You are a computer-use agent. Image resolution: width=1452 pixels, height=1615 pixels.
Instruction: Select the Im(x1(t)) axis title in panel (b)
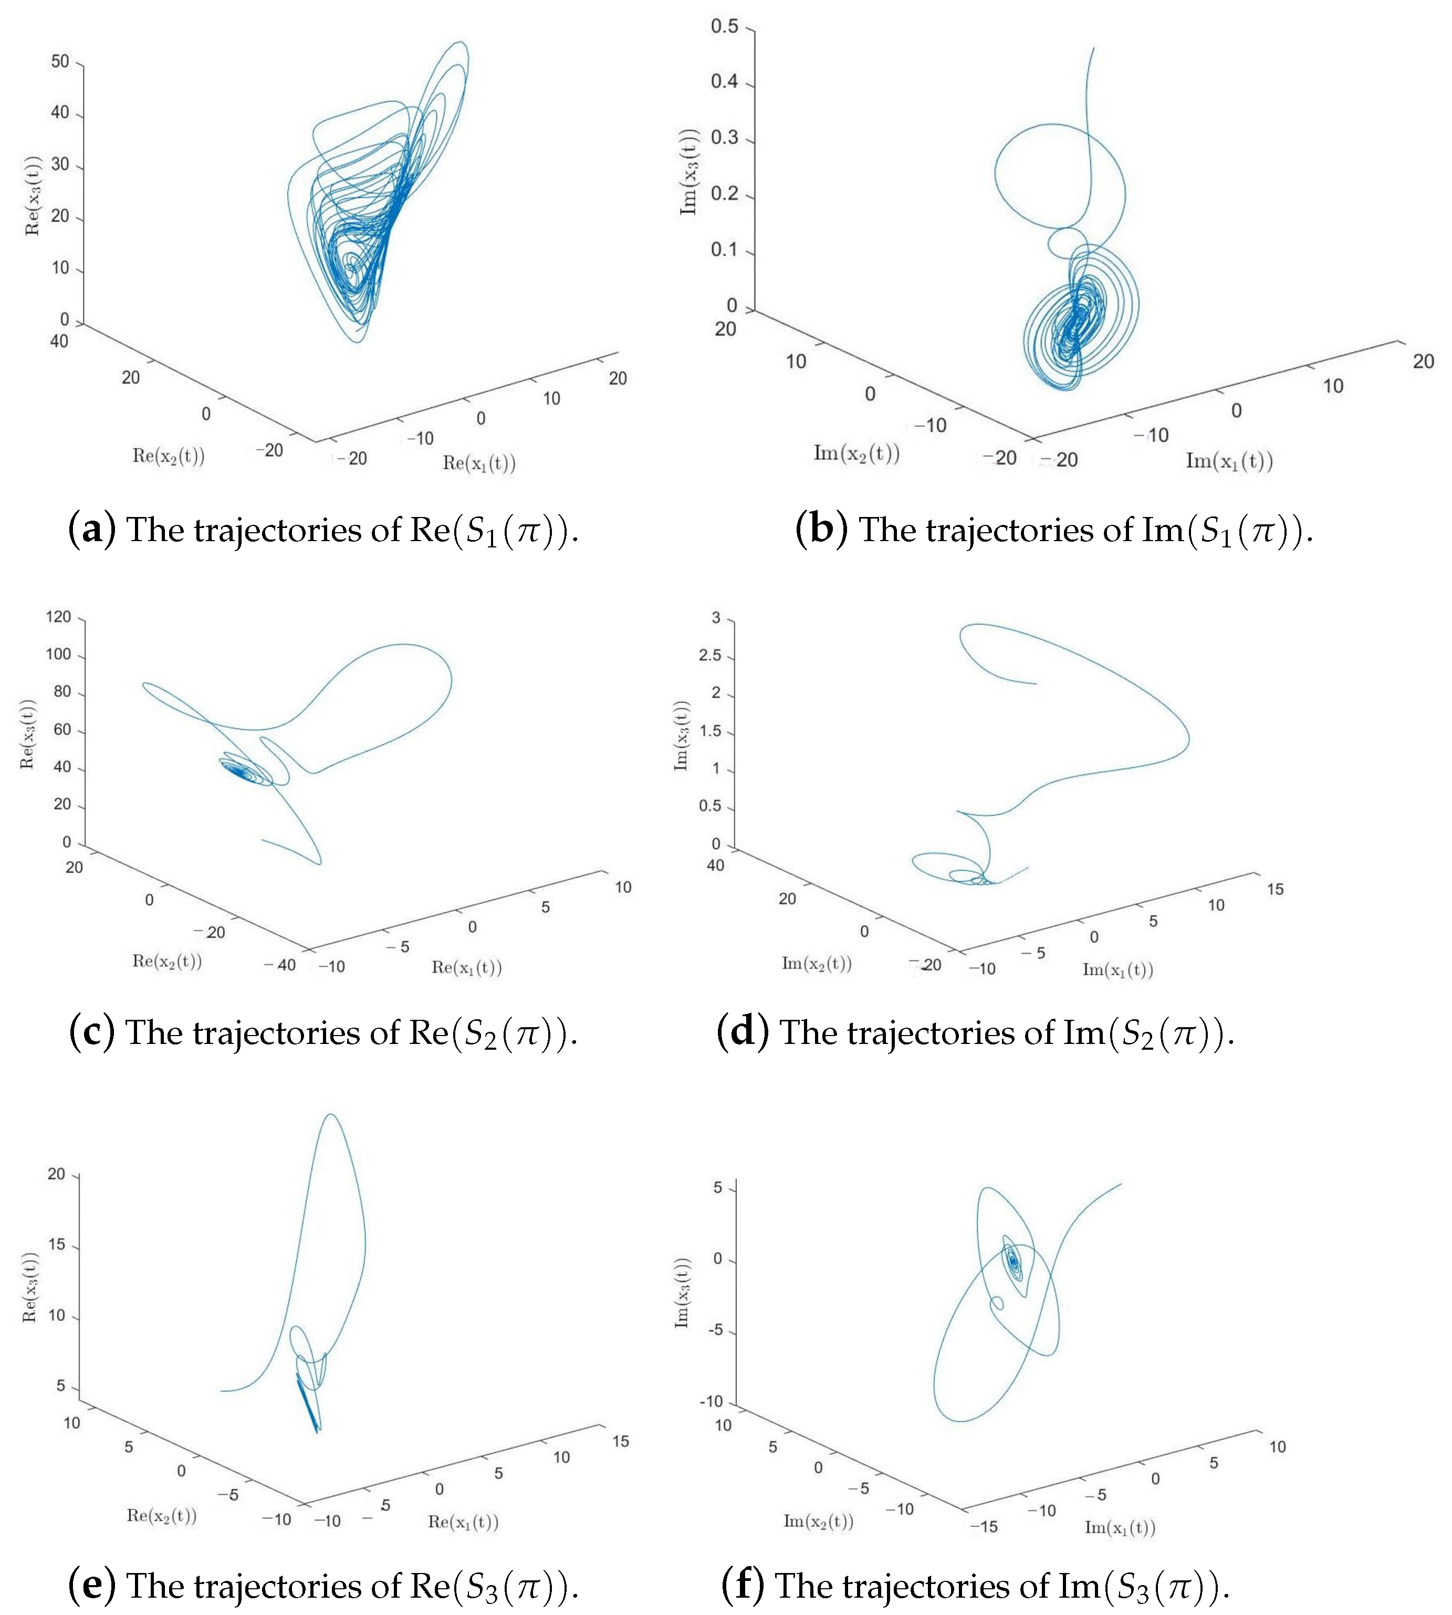(x=1229, y=461)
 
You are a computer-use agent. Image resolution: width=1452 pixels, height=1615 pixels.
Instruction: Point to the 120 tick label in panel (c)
(x=58, y=617)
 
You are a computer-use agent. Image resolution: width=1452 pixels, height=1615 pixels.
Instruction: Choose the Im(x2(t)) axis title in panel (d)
(x=816, y=964)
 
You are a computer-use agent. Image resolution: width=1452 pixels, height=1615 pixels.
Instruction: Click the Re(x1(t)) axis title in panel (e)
(x=464, y=1522)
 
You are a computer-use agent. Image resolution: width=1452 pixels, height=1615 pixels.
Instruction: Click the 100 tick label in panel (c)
(x=58, y=654)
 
